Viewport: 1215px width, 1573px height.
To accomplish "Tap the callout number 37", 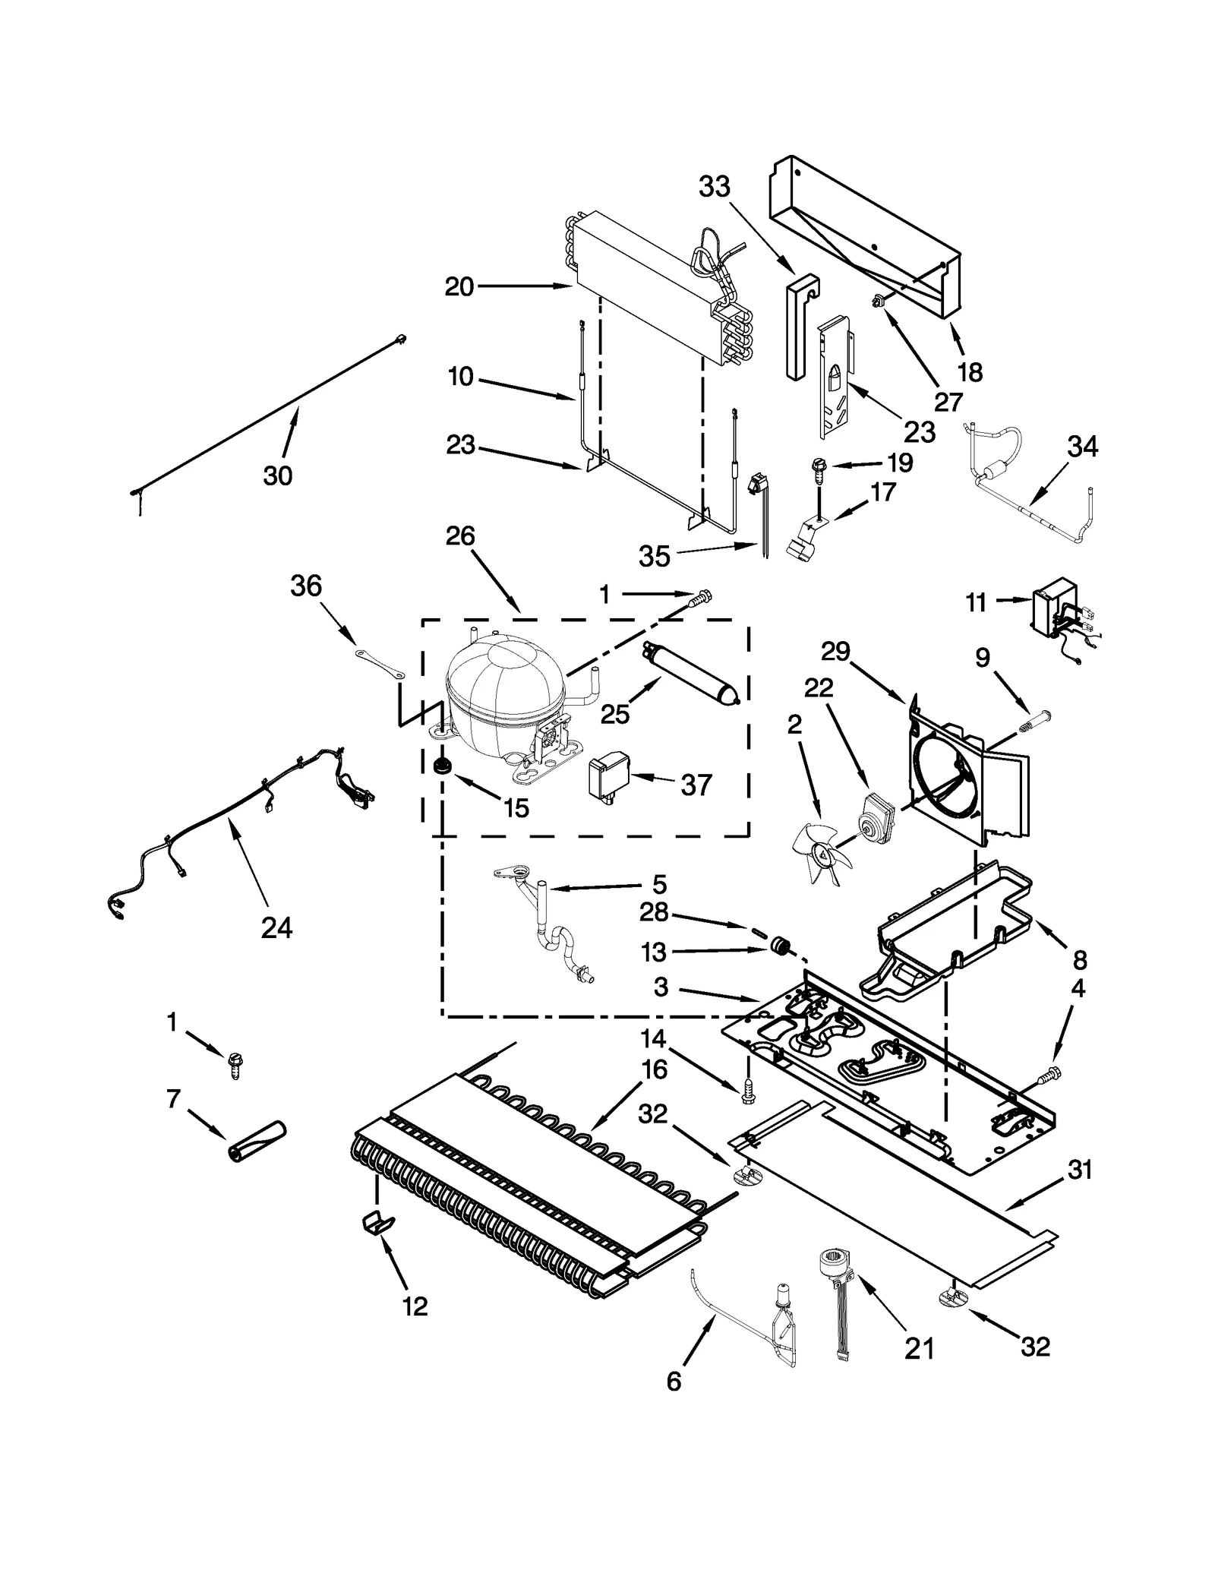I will click(696, 785).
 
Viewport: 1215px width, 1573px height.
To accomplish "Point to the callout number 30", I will click(278, 475).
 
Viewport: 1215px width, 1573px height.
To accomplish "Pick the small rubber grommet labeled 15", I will click(441, 768).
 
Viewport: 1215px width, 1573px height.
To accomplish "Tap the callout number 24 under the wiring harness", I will click(276, 927).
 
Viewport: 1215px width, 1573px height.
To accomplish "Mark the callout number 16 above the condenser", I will click(654, 1069).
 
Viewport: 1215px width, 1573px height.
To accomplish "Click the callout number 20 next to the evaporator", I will click(459, 287).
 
